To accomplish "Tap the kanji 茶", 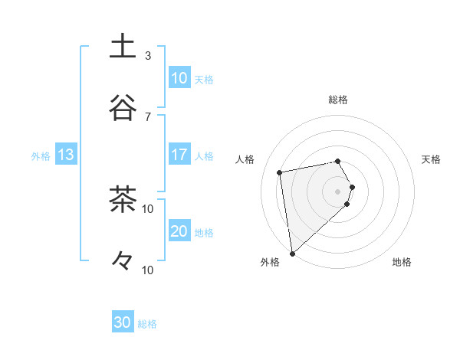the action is click(123, 201).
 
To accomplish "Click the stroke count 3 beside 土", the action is click(148, 56).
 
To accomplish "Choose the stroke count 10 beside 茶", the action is click(148, 209).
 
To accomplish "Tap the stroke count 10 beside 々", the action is click(148, 270).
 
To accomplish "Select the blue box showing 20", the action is click(179, 232).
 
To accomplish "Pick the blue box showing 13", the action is click(66, 155).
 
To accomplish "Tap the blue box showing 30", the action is click(123, 323).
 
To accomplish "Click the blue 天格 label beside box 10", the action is click(204, 79).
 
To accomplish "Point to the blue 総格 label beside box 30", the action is click(147, 324).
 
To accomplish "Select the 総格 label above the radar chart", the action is click(338, 100).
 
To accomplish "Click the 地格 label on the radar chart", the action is click(402, 263).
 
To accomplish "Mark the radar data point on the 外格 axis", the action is click(292, 253).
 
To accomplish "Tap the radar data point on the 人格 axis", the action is click(281, 172).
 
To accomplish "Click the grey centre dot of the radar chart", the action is click(338, 191).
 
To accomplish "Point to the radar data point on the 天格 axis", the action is click(352, 187).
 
